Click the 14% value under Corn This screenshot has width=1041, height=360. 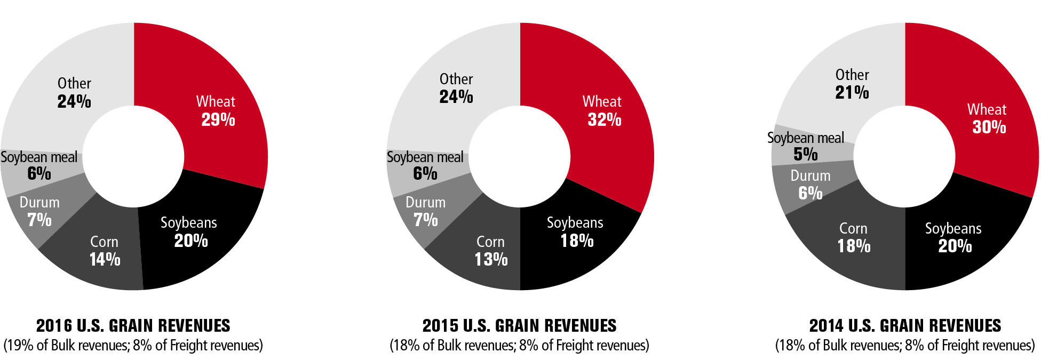(105, 259)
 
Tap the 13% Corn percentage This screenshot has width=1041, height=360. (491, 259)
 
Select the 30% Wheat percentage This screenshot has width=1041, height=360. (989, 127)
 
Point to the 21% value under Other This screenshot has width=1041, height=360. (852, 92)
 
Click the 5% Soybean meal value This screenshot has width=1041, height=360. (806, 154)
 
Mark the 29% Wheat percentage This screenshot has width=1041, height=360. (218, 119)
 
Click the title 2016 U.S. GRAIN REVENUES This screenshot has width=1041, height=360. (133, 325)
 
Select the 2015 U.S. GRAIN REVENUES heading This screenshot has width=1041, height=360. (519, 325)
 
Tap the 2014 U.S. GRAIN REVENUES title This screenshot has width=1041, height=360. (905, 325)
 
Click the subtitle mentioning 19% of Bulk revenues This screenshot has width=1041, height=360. (133, 346)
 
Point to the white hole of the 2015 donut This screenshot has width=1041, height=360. (520, 156)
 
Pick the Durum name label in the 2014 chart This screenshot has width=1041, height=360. (810, 176)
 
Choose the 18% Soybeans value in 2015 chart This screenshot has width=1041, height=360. (577, 241)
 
